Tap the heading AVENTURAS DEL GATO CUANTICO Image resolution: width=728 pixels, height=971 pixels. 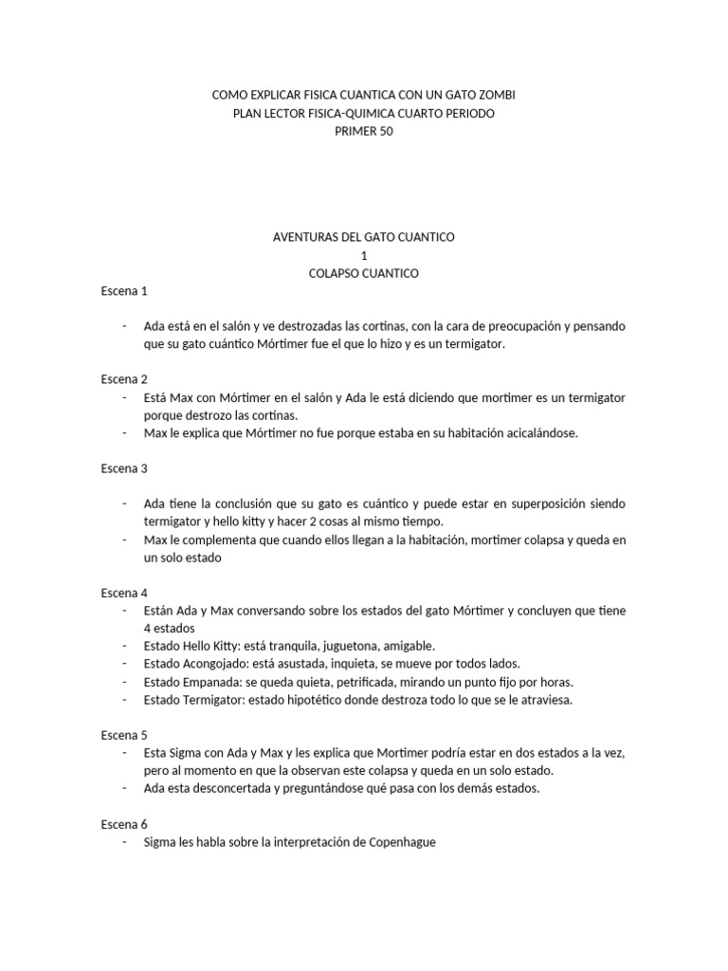click(x=363, y=236)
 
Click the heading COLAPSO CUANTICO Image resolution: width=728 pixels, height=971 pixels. click(x=363, y=273)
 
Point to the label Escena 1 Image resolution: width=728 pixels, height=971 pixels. click(x=124, y=291)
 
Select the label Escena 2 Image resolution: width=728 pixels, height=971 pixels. click(x=124, y=378)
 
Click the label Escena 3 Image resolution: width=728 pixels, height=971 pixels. click(x=124, y=467)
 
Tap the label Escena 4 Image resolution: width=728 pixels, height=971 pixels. click(x=124, y=592)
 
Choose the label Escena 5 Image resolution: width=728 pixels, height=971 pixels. click(x=124, y=735)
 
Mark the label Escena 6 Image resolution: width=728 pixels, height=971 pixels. click(x=124, y=824)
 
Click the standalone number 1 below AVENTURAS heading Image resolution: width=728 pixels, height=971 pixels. click(x=363, y=255)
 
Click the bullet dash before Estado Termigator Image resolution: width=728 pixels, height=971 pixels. click(x=126, y=700)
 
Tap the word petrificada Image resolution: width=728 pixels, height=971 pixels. click(x=356, y=682)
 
